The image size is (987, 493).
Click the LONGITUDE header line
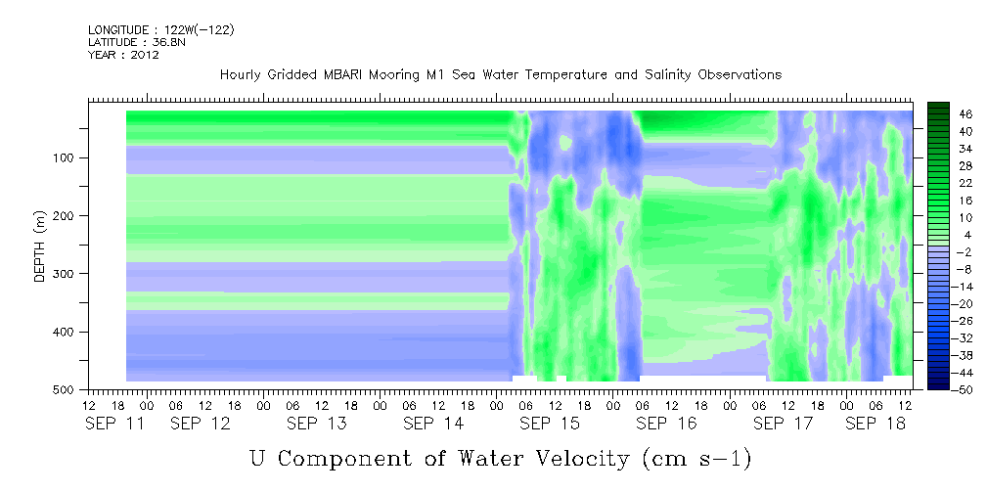click(161, 30)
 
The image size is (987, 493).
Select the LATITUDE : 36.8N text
click(137, 42)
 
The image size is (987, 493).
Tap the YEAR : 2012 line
click(123, 55)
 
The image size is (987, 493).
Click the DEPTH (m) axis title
click(40, 246)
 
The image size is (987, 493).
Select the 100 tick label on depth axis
click(67, 157)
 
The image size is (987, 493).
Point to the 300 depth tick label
click(67, 274)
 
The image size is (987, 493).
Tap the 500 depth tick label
click(67, 389)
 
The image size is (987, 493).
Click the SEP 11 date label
click(114, 424)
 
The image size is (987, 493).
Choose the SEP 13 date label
click(317, 424)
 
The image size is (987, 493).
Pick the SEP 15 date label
click(550, 424)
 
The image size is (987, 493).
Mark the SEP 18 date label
click(875, 424)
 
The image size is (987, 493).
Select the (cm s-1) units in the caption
click(696, 459)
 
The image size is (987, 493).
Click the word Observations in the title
click(739, 75)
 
